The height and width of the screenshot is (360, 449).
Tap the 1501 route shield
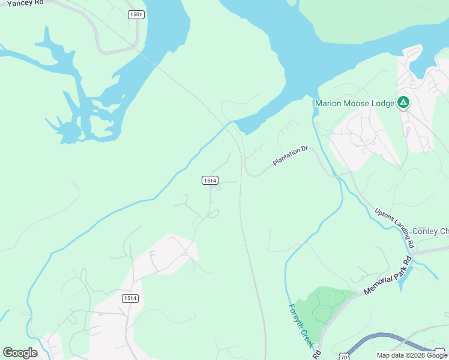point(136,14)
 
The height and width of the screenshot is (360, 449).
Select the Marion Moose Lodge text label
point(355,103)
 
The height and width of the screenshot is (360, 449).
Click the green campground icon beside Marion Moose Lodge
point(403,103)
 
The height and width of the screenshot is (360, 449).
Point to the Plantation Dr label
point(290,155)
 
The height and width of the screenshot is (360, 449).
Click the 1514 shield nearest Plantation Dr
point(209,180)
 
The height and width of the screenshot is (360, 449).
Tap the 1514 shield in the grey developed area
point(130,298)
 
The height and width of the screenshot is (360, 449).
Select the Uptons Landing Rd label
point(394,228)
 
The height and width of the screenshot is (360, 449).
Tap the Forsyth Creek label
point(299,325)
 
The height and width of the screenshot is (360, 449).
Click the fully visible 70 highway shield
point(344,356)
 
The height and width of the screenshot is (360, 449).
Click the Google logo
point(20,353)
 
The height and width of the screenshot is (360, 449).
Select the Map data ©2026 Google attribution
point(412,355)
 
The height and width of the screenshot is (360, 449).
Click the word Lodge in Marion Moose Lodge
point(381,103)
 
